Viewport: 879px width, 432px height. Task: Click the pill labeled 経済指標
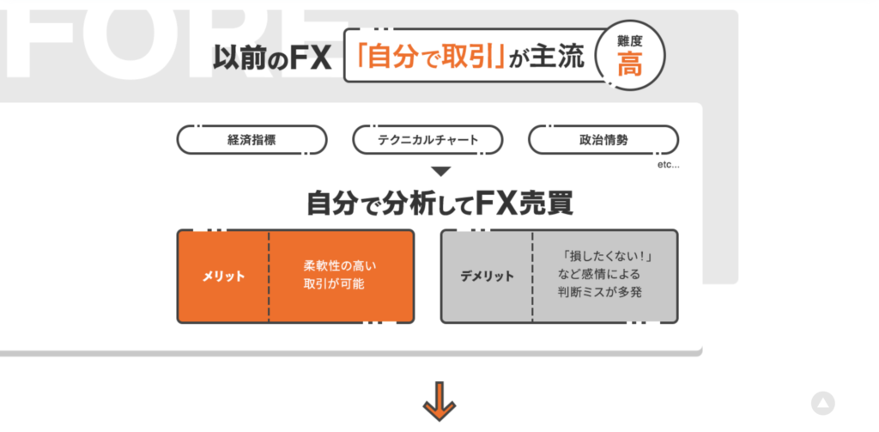252,139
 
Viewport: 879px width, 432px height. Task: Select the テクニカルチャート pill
427,139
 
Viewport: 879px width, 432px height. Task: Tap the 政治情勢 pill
603,139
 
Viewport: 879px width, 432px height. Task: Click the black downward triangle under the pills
439,172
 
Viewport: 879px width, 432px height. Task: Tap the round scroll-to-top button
823,403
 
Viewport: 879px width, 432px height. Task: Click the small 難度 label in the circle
630,40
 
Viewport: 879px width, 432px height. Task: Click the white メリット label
223,277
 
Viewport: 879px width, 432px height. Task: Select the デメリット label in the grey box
487,277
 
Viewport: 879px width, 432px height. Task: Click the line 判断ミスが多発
600,293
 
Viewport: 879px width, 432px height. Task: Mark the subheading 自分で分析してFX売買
439,204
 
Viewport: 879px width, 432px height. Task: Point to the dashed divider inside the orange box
269,276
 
